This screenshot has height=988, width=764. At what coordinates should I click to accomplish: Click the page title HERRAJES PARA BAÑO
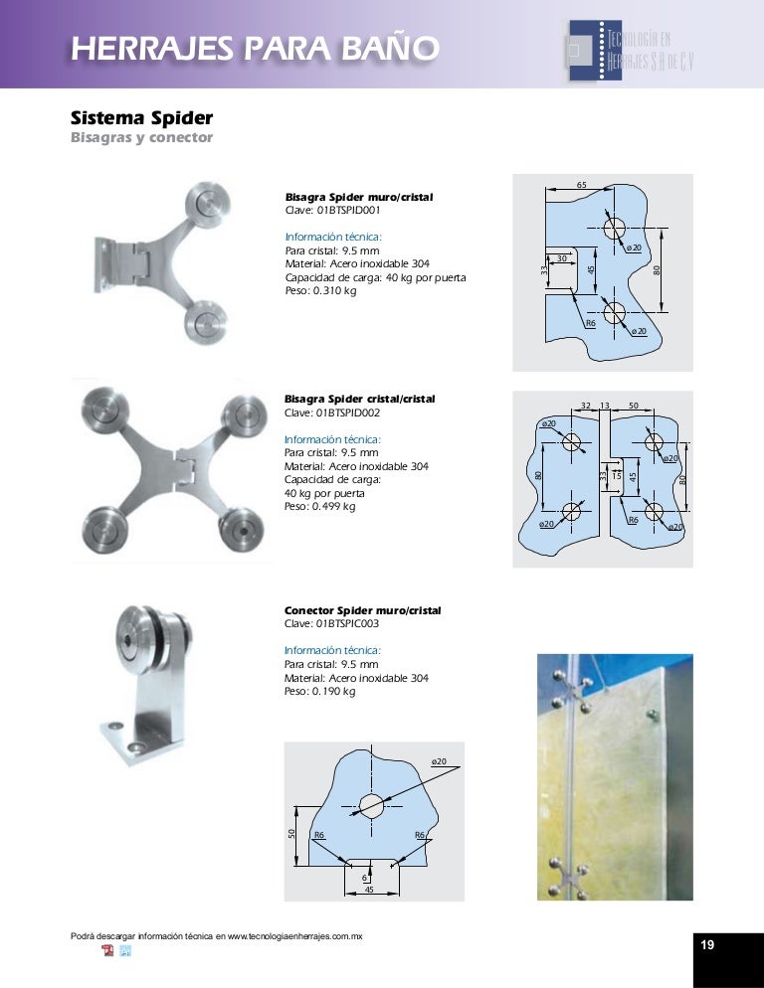coord(254,48)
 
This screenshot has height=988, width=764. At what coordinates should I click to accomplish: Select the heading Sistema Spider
coord(141,118)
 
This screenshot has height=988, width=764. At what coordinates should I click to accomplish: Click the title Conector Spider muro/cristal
coord(362,610)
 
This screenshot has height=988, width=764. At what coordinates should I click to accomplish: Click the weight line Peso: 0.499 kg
coord(319,507)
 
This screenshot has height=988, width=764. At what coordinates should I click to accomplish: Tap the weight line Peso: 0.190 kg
coord(319,691)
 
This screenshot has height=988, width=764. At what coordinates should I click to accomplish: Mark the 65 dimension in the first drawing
coord(582,185)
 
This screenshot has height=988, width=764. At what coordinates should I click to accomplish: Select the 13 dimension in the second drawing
coord(604,406)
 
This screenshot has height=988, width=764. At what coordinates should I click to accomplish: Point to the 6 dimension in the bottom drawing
coord(365,878)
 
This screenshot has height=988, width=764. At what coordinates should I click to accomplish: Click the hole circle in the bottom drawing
coord(372,805)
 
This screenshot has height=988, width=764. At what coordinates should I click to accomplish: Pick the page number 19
coord(707,945)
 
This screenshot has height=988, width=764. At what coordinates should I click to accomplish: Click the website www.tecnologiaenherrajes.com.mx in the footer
coord(294,936)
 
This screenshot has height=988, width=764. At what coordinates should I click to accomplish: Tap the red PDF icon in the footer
coord(107,952)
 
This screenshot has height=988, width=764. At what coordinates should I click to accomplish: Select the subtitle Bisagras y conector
coord(141,137)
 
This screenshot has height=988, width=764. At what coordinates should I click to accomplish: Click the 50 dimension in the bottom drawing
coord(292,832)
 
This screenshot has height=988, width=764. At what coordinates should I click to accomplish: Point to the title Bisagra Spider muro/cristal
coord(359,198)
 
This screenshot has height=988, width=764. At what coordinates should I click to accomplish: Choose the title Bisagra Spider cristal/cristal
coord(360,399)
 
